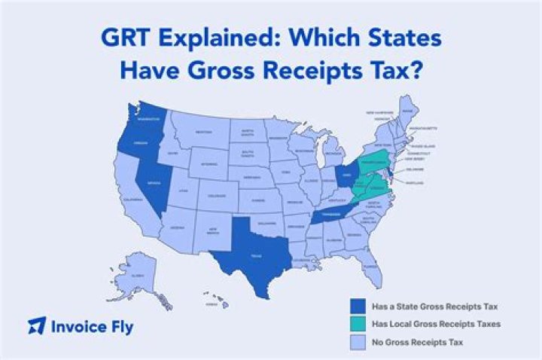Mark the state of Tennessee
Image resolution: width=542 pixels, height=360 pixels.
pos(330,213)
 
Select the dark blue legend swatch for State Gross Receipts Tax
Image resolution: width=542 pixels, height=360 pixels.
pos(359,307)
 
